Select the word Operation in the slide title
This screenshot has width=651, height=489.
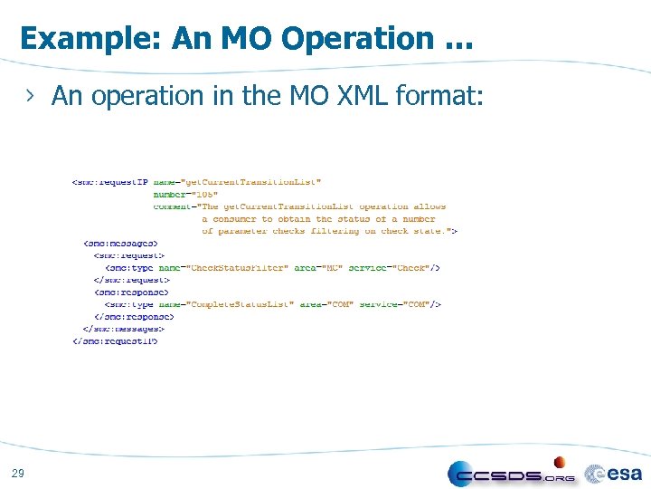(357, 38)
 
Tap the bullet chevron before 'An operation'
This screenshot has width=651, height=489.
(33, 96)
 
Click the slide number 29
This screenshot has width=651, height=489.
(18, 473)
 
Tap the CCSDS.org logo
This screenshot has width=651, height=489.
(512, 475)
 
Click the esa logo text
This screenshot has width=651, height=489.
(624, 473)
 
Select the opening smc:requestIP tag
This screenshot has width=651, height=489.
(109, 183)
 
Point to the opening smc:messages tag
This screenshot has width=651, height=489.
(120, 244)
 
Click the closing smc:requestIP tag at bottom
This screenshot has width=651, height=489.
(115, 341)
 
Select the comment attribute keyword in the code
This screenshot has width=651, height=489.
(172, 206)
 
